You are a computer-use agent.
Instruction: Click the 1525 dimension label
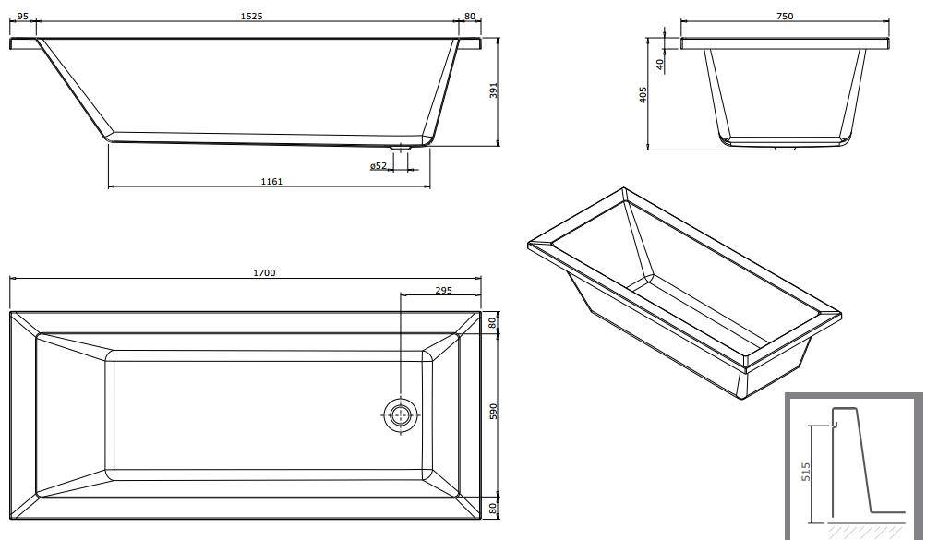point(251,16)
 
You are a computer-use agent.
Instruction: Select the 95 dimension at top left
point(22,16)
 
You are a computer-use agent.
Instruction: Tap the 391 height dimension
point(494,90)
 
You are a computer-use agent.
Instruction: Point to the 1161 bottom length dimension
point(271,181)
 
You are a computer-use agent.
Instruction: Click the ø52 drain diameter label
point(379,166)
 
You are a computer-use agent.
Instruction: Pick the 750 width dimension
point(784,17)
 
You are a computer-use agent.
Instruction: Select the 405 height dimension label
point(643,94)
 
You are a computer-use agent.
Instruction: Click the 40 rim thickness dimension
point(660,63)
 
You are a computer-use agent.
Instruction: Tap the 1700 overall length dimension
point(264,272)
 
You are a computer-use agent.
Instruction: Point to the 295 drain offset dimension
point(443,290)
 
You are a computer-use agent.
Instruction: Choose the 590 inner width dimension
point(494,412)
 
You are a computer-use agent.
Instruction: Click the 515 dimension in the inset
point(806,472)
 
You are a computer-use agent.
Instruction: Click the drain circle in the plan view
point(401,414)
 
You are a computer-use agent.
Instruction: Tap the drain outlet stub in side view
point(401,147)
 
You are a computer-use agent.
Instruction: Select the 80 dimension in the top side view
point(470,16)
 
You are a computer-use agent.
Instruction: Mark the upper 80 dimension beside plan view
point(494,322)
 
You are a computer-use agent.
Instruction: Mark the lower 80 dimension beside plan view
point(494,508)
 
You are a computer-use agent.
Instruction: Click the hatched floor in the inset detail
point(866,531)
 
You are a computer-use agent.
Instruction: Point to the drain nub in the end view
point(785,148)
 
